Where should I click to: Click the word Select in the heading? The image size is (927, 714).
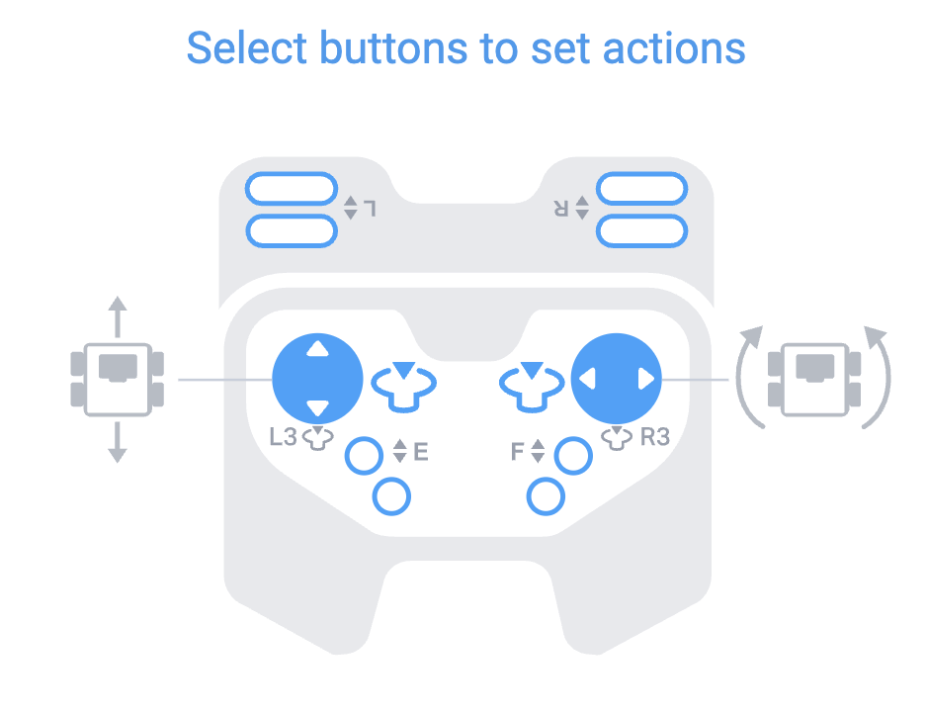tap(246, 47)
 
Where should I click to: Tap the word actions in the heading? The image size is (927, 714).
tap(674, 47)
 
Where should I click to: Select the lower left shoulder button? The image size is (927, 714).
tap(292, 230)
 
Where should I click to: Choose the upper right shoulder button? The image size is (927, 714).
tap(642, 189)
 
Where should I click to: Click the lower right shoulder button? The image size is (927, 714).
tap(642, 230)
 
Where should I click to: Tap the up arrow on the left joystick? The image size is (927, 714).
tap(317, 348)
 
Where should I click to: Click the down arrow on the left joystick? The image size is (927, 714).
tap(317, 408)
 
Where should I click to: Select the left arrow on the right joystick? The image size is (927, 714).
tap(586, 379)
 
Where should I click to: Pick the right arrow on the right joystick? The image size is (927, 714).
tap(646, 379)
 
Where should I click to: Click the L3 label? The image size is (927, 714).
tap(283, 436)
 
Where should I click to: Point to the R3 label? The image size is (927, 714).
tap(655, 436)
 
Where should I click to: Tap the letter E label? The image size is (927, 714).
tap(420, 452)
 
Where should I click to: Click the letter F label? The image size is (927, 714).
tap(517, 452)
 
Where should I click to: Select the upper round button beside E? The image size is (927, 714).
tap(364, 456)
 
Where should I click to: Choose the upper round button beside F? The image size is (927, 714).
tap(573, 456)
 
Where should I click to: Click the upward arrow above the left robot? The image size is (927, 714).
tap(118, 316)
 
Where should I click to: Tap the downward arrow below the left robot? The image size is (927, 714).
tap(118, 442)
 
